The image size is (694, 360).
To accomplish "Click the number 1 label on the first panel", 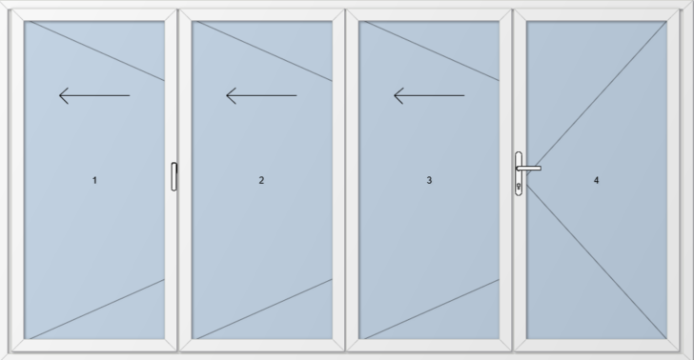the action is pos(94,180).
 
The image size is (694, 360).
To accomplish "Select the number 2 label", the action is pos(261,180).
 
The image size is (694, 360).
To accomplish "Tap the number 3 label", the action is pos(429,180).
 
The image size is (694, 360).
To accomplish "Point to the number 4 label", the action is pos(596,180).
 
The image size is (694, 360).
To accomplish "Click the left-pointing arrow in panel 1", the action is pos(94,95).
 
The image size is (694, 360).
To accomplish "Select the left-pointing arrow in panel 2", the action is pos(261,95).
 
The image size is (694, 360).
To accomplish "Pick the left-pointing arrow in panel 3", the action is pos(429,95).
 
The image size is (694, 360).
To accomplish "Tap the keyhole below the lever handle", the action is pos(519,187).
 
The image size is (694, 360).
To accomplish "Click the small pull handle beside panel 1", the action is pos(173,176).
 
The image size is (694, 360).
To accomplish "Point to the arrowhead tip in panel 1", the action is pos(59,95).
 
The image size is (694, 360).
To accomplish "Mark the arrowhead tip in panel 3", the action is pos(394,95).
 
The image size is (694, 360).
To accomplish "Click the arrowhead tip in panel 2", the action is pos(227,95).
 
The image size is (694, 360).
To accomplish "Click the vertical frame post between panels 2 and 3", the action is pos(346,180).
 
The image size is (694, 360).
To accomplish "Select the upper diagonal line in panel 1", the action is pos(97,50).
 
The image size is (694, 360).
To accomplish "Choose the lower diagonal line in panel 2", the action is pos(264,309).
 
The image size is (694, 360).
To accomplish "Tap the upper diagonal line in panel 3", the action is pos(432,50).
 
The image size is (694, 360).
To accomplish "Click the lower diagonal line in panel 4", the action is pos(597,261).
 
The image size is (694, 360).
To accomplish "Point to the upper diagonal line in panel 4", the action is pos(597,98).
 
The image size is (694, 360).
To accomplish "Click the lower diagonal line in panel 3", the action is pos(432,309).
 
